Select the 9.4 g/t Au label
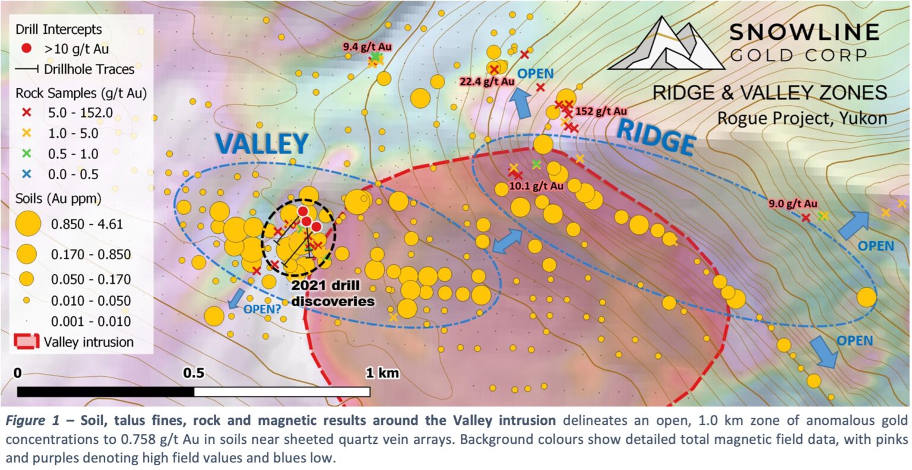coord(367,46)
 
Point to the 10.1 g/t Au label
coord(537,186)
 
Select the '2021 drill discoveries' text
coord(332,294)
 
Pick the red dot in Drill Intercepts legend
coord(27,49)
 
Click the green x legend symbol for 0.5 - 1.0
coord(27,154)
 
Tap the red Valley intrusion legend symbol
coord(27,342)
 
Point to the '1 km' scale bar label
coord(382,373)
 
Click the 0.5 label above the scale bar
coord(194,373)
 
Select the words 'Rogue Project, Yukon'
coord(802,117)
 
